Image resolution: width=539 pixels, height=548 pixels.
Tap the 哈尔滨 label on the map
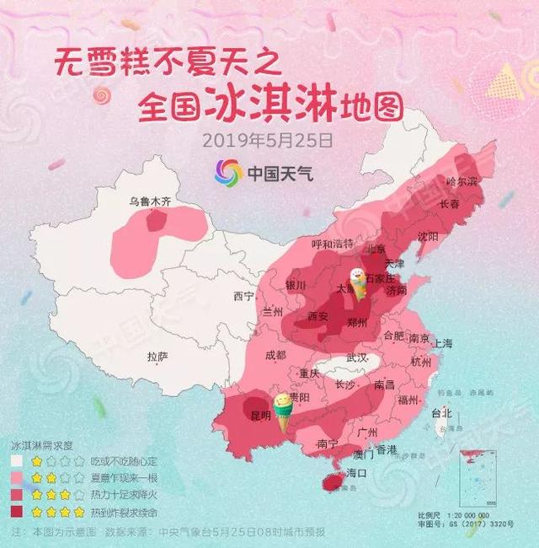coord(462,181)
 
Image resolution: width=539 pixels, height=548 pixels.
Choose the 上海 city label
coord(442,343)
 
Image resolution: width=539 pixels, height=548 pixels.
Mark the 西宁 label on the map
coord(243,296)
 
